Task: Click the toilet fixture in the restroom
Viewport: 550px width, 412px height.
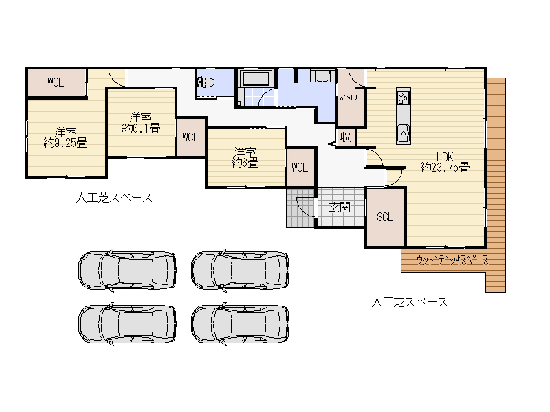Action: tap(208, 83)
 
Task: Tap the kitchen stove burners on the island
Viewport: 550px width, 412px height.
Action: tap(403, 98)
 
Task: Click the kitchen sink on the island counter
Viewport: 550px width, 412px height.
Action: tap(403, 130)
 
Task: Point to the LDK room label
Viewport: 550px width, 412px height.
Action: tap(444, 154)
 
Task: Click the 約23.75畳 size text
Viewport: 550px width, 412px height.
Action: tap(444, 167)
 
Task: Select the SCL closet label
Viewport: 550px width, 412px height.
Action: tap(385, 217)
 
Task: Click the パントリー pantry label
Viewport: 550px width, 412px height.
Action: tap(349, 99)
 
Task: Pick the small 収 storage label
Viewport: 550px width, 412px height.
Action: tap(345, 137)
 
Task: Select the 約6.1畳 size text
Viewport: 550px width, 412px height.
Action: tap(140, 128)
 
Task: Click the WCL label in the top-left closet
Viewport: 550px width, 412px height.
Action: tap(56, 82)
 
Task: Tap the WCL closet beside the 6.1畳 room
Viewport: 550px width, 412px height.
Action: tap(190, 137)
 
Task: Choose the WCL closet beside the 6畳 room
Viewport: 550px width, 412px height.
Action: tap(300, 167)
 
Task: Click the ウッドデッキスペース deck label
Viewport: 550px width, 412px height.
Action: tap(452, 260)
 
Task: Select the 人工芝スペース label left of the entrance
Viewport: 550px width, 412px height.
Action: tap(113, 198)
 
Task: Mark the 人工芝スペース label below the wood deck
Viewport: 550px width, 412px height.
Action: tap(410, 301)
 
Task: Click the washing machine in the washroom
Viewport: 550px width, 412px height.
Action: tap(321, 76)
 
